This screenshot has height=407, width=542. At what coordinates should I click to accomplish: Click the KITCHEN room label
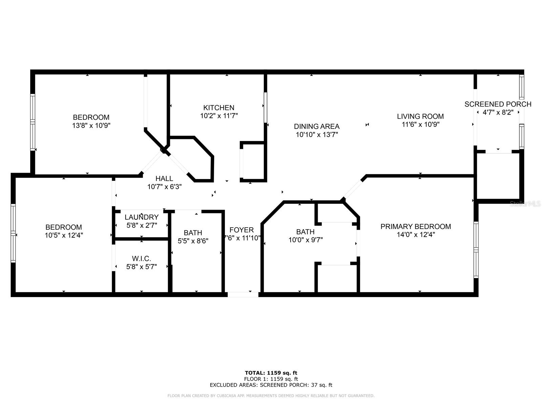218,108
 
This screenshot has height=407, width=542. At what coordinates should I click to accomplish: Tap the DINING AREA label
316,127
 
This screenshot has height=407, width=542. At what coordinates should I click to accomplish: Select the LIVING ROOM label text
420,116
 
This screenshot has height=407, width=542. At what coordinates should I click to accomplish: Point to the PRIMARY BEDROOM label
416,227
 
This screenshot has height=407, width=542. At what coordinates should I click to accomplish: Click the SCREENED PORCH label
498,104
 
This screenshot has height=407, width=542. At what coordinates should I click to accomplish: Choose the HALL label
164,178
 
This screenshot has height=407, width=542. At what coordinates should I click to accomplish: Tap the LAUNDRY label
142,217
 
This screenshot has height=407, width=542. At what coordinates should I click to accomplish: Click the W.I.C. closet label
141,259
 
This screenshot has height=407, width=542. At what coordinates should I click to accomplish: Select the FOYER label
242,230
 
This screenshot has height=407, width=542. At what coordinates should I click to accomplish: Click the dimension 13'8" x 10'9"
91,125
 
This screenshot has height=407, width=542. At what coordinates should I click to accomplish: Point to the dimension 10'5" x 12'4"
64,235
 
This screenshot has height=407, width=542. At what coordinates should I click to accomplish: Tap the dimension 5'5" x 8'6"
193,241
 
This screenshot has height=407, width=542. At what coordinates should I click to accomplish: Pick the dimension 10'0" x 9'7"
306,240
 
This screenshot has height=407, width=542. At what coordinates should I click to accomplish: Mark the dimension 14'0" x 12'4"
416,234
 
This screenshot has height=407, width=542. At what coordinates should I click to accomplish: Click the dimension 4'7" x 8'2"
498,113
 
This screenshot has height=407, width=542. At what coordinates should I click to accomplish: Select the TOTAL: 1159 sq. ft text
271,373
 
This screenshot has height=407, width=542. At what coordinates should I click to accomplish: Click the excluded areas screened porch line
271,385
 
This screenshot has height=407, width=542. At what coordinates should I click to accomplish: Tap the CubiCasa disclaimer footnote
271,395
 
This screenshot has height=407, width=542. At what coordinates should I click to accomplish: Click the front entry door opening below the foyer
243,294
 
